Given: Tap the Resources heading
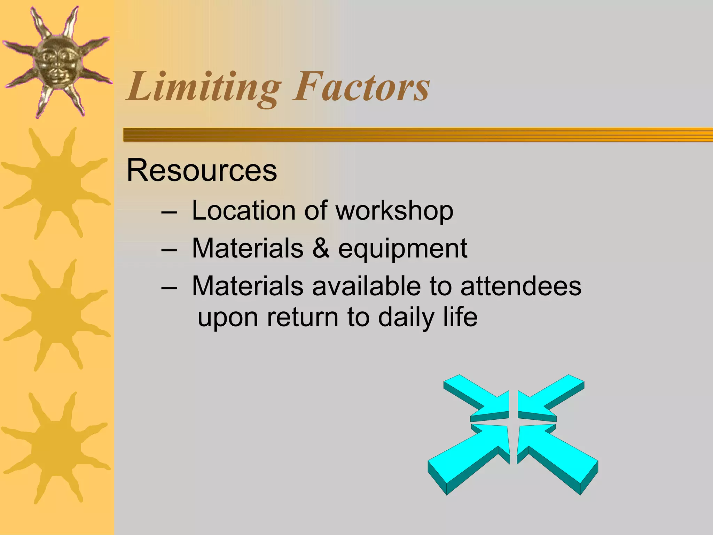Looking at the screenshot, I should coord(202,170).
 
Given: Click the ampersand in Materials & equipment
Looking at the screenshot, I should coord(321,248).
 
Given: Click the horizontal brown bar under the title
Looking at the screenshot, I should coord(418,135).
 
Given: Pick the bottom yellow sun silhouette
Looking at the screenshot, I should coord(56,448).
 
